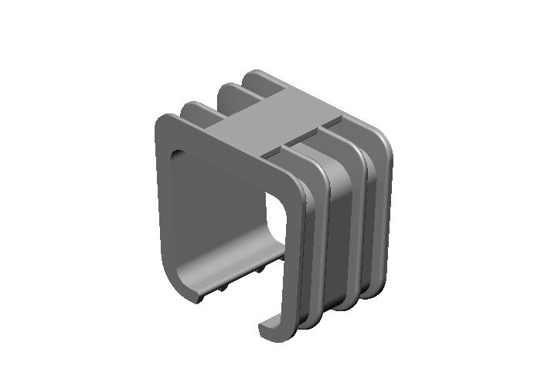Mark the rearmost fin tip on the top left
[255, 76]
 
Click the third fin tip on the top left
[228, 89]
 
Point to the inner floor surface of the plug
[224, 262]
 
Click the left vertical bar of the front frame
[162, 201]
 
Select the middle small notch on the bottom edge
[225, 286]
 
